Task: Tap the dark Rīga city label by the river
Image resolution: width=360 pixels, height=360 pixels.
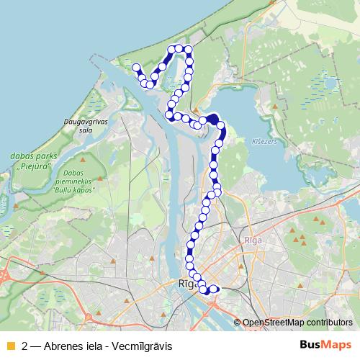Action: [186, 284]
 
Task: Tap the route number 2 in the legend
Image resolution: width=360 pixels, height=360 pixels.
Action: [26, 345]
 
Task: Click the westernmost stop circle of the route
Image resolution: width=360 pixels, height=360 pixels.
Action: [136, 68]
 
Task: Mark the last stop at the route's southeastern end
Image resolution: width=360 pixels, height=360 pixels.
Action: [214, 290]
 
